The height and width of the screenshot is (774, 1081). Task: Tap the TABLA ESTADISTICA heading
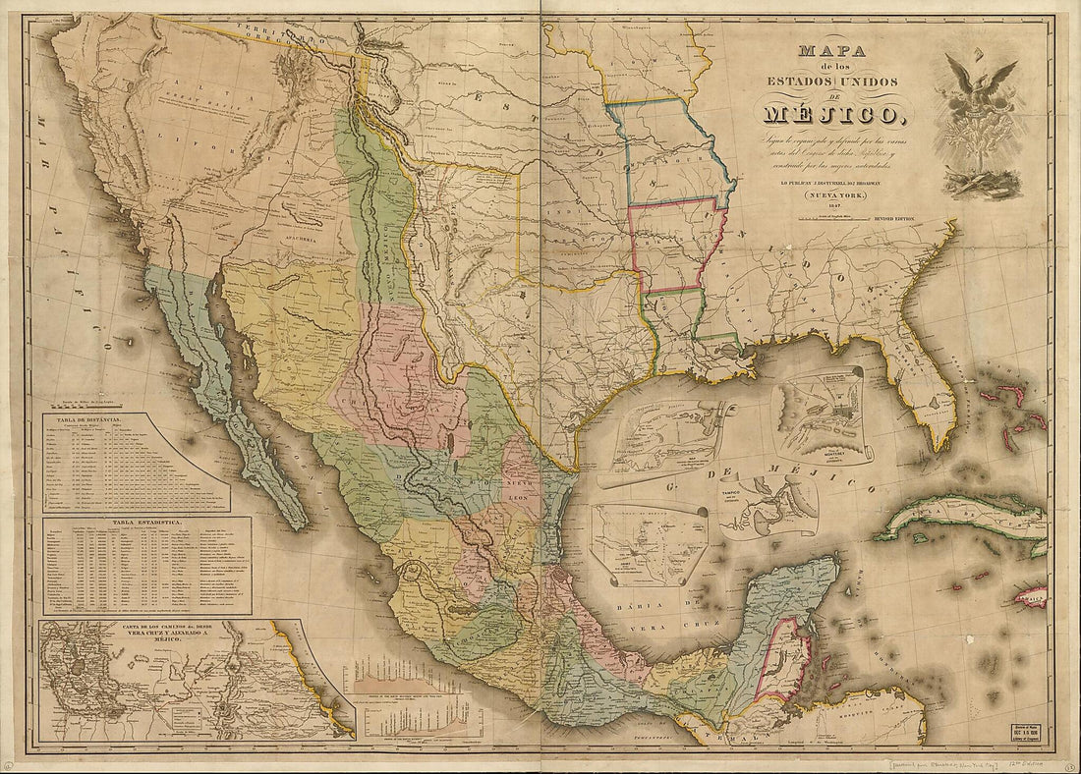pyautogui.click(x=146, y=525)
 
